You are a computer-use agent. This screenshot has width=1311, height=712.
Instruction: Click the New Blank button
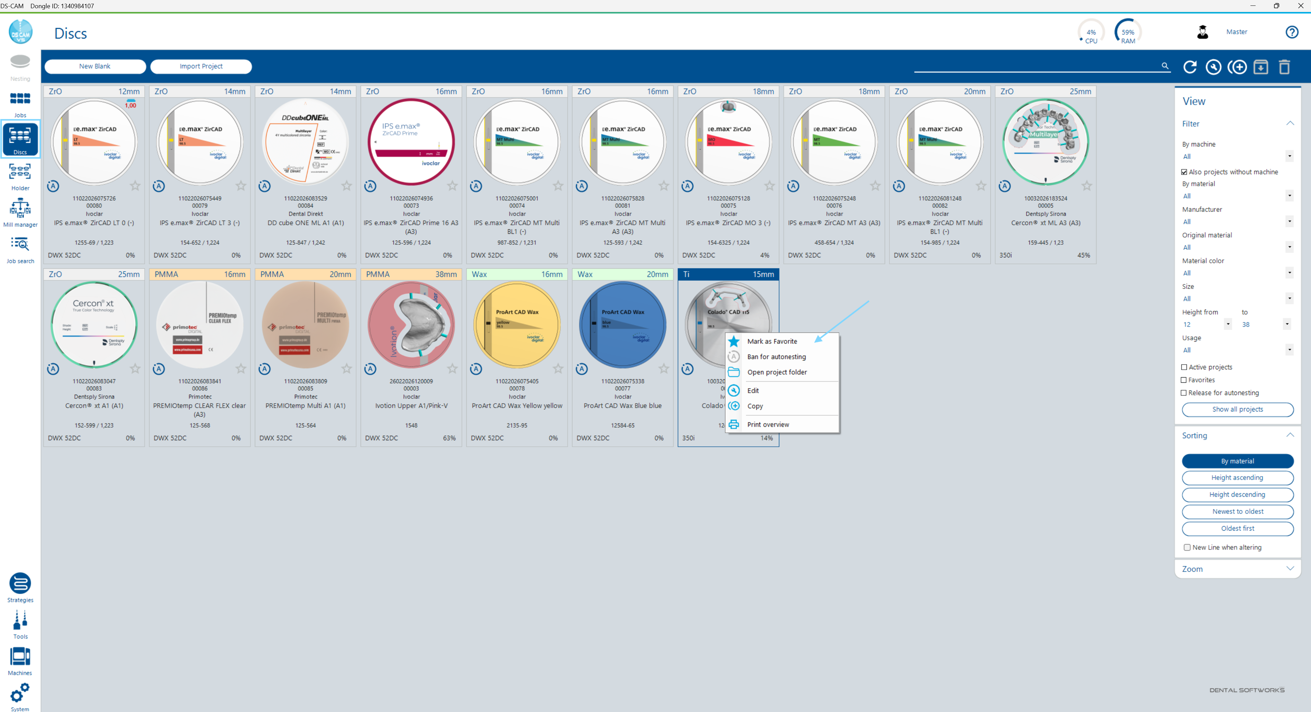95,66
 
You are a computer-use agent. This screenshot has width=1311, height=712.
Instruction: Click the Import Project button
201,66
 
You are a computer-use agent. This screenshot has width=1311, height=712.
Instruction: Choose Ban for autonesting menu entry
776,356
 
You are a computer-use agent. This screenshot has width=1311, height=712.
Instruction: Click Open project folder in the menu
777,372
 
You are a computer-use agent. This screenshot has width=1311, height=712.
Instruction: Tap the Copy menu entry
755,406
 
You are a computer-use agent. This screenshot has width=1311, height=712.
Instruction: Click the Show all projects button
1237,409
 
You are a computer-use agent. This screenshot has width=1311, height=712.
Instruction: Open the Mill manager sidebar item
21,212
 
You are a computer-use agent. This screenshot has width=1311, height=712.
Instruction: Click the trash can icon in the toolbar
1284,67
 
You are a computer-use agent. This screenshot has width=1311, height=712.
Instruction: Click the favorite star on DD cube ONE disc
347,186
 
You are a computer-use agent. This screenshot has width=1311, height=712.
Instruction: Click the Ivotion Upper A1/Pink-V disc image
411,325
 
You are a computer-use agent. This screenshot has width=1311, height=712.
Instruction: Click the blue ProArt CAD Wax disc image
622,325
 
